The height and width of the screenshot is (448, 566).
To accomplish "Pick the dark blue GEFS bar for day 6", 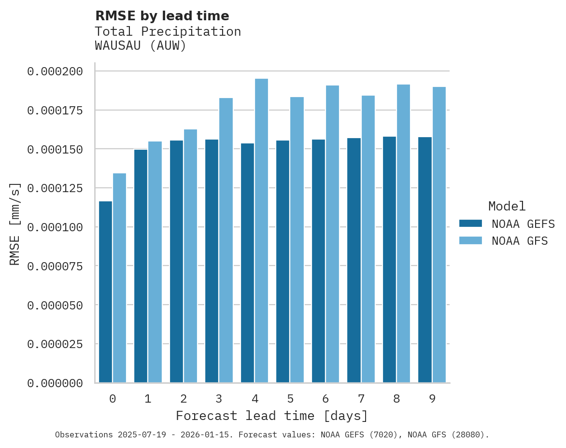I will [x=318, y=261].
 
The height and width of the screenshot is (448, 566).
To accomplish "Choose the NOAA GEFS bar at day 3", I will [x=212, y=261].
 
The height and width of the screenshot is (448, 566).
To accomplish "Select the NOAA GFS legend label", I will [x=520, y=240].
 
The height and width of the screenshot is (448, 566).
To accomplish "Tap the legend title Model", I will [x=507, y=206].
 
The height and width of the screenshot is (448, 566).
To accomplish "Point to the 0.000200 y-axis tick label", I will [x=55, y=71].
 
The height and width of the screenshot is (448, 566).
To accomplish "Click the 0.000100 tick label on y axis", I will [x=55, y=227].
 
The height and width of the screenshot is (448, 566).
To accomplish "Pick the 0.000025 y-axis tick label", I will [x=55, y=344].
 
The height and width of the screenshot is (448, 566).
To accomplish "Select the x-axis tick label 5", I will [x=290, y=399].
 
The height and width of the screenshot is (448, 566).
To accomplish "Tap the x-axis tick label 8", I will [x=396, y=399].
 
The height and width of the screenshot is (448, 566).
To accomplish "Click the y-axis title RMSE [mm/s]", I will [x=15, y=224].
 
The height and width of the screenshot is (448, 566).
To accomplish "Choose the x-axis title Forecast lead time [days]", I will [x=272, y=416].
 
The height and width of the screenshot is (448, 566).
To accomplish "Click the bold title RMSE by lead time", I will [x=162, y=16].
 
